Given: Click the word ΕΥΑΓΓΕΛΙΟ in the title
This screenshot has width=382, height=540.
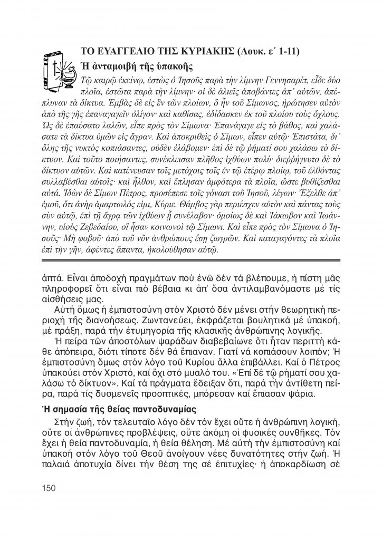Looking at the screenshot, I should pos(120,51).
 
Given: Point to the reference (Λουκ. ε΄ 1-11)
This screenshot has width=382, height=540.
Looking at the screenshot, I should pos(269,51).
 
